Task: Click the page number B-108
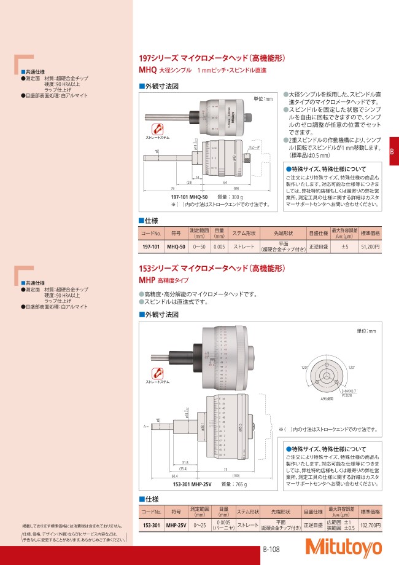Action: (x=272, y=550)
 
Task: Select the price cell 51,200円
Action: (x=370, y=247)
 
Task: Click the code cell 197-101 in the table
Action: (x=152, y=247)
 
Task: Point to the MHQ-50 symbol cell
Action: (x=176, y=247)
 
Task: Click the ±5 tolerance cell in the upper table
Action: (x=345, y=247)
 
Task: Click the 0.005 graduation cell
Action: (x=218, y=247)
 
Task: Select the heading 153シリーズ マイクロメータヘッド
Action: (x=212, y=269)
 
